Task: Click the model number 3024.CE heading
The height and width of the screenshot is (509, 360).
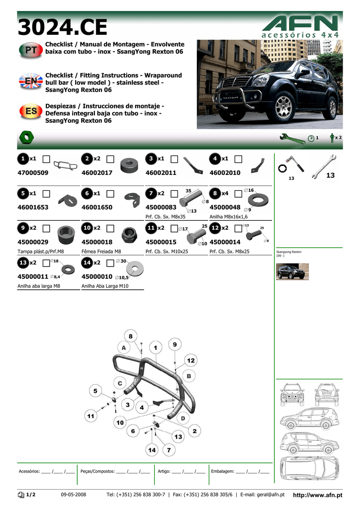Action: click(x=59, y=28)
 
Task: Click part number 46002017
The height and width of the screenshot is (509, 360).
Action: click(x=97, y=173)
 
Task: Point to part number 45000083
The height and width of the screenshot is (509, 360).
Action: click(x=161, y=207)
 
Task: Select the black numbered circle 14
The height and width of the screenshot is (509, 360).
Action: click(x=87, y=262)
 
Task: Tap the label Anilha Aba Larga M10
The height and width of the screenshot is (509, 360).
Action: click(x=105, y=286)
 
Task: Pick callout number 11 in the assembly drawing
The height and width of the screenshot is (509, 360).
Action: click(x=91, y=416)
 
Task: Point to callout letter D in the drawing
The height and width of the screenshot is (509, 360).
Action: click(x=182, y=419)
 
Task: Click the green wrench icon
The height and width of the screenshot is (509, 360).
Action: click(x=292, y=138)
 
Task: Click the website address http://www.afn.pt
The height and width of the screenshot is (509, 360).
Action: click(x=318, y=495)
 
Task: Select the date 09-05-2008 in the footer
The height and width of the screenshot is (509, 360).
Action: click(x=74, y=495)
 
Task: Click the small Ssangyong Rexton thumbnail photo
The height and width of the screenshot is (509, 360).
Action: click(x=292, y=271)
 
